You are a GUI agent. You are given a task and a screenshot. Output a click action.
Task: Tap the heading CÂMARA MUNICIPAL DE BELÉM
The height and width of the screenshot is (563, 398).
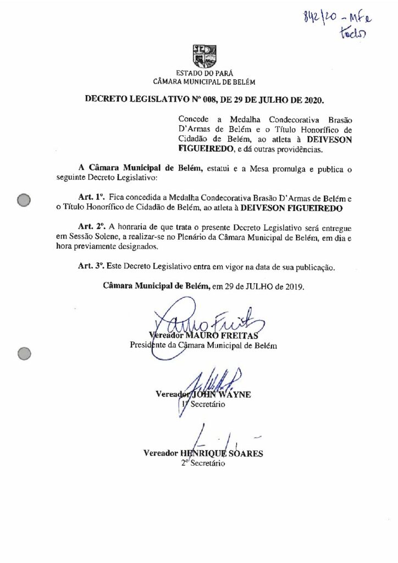click(x=200, y=81)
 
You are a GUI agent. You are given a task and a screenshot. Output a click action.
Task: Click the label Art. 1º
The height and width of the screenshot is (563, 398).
click(x=91, y=196)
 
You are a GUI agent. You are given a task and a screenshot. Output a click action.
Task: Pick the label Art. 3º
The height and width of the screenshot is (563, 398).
click(x=91, y=267)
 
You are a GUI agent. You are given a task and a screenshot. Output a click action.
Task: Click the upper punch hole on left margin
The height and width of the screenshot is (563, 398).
click(x=24, y=201)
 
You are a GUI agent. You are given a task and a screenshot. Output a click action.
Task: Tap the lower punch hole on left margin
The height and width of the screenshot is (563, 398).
click(x=24, y=354)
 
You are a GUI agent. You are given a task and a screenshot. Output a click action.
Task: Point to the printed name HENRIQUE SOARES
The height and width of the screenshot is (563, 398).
click(x=226, y=454)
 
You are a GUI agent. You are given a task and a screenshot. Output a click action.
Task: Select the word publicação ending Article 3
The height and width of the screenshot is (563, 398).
click(x=311, y=267)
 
